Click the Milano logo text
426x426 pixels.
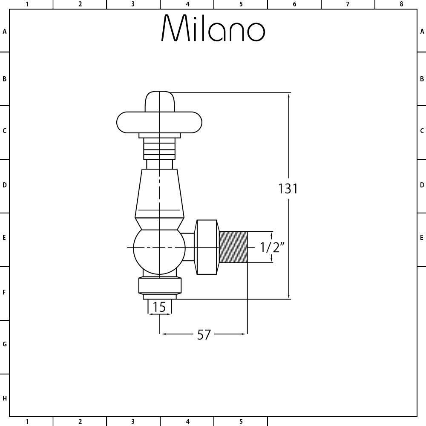[x=213, y=28]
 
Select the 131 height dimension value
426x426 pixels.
[x=288, y=189]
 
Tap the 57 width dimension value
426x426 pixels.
[x=204, y=335]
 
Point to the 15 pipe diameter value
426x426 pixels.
[x=159, y=307]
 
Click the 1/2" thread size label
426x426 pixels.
[x=272, y=247]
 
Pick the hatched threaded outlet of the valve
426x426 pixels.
[x=233, y=247]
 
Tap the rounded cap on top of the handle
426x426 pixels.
[x=159, y=101]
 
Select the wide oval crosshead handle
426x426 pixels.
[x=159, y=122]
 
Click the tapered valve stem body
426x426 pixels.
[x=159, y=193]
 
